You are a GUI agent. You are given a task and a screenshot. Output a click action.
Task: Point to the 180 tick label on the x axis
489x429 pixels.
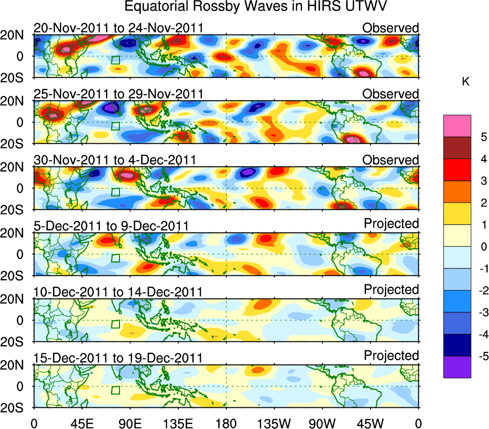[226, 423]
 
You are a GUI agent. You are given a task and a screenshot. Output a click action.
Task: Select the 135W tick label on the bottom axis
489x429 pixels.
[274, 423]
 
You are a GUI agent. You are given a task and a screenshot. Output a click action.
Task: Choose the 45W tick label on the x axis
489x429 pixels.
[370, 423]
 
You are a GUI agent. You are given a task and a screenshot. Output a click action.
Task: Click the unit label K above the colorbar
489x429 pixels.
[465, 82]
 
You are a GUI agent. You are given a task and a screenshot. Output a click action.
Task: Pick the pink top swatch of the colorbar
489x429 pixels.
[457, 126]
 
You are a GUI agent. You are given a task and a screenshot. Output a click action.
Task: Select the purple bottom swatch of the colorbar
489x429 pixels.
[457, 367]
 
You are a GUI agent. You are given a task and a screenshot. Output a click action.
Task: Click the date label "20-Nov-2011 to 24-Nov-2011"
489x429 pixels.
[119, 28]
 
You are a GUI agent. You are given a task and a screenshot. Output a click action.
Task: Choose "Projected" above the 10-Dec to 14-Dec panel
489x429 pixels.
[391, 290]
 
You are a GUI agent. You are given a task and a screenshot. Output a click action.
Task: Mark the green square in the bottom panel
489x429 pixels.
[115, 390]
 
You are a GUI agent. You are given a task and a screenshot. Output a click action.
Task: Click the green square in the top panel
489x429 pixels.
[115, 60]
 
